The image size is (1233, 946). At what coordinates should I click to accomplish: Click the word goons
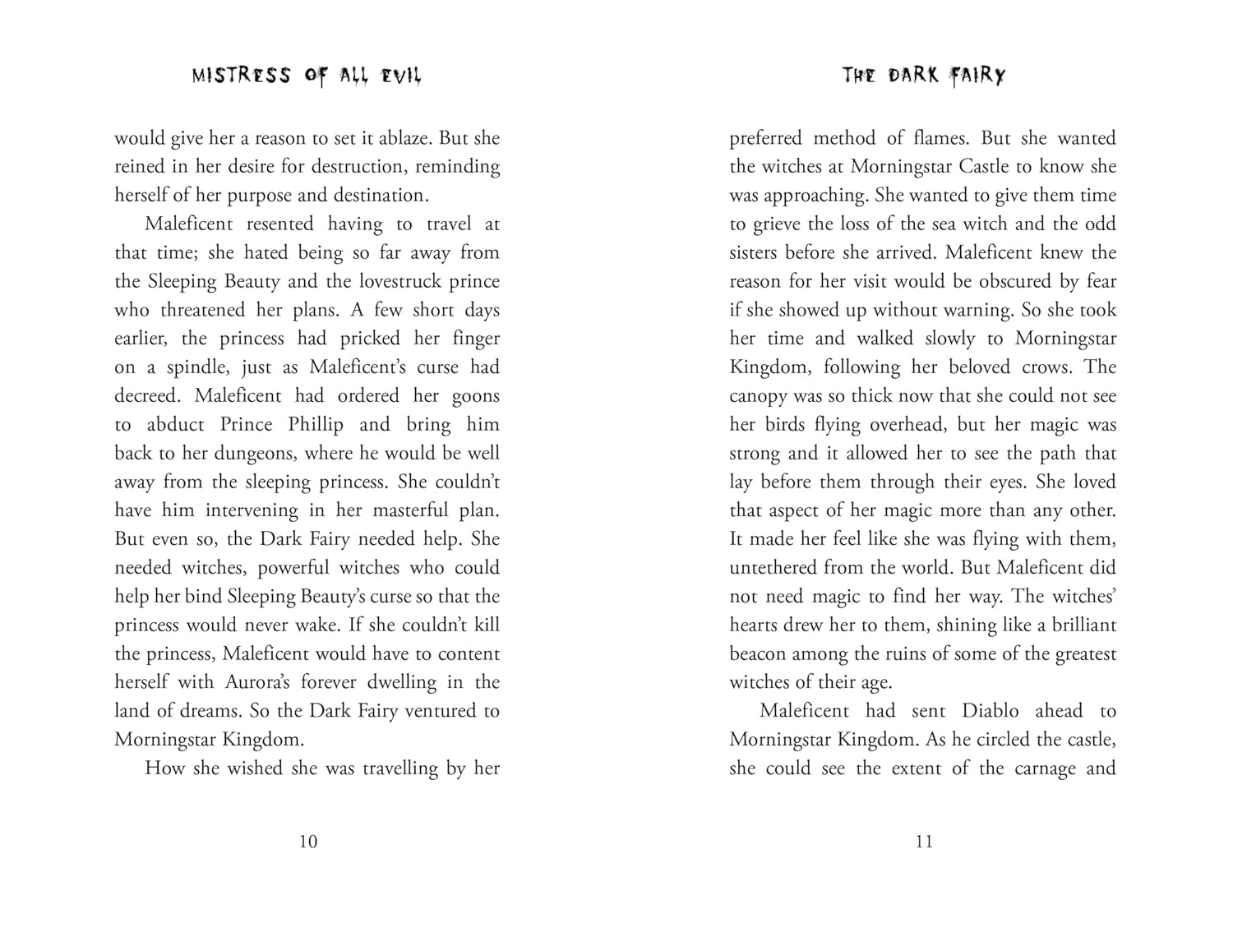click(x=476, y=396)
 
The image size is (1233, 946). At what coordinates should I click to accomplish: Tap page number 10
click(x=308, y=841)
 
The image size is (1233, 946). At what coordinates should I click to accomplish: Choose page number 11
click(x=924, y=841)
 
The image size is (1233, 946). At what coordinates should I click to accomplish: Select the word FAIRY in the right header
click(x=978, y=76)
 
